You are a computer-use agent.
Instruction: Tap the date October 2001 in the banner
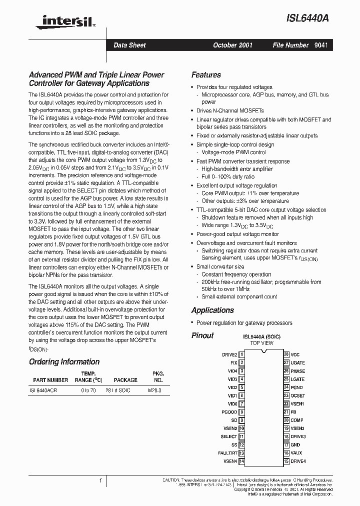pos(232,45)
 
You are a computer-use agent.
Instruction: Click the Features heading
pos(206,75)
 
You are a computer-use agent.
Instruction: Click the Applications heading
pos(212,310)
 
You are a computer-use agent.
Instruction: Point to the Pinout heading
pos(202,335)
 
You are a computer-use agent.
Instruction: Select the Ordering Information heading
pos(64,362)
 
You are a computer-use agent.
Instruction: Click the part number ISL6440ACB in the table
pos(43,390)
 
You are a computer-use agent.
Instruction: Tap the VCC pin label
pos(295,354)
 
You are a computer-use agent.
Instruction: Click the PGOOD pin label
pos(229,412)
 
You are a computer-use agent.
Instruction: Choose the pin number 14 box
pos(241,461)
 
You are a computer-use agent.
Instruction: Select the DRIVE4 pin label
pos(298,461)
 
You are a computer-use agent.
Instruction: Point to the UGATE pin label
pos(297,363)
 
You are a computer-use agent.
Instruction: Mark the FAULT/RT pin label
pos(227,453)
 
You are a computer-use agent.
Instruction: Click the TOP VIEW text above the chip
pos(262,343)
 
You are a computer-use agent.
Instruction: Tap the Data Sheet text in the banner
pos(129,45)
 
